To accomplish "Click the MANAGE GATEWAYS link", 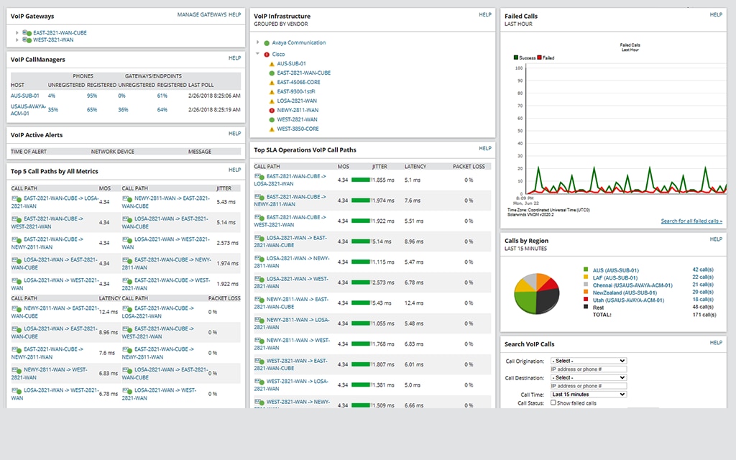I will point(201,14).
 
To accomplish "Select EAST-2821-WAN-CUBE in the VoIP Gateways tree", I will point(60,32).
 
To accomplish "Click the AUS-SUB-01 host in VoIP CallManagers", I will point(25,95).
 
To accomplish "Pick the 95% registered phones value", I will point(92,95).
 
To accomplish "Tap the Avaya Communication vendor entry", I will point(298,43).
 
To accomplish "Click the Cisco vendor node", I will point(278,55).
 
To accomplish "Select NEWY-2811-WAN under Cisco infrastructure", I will point(297,110).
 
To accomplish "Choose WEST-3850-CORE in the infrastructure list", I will point(298,129).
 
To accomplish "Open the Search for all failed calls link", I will point(691,221).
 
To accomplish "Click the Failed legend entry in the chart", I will point(548,57).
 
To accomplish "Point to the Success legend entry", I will point(528,57).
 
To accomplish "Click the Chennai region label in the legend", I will point(628,285).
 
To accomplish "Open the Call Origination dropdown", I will point(588,361).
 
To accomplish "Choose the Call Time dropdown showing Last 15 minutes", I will point(588,394).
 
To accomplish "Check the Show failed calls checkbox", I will point(553,402).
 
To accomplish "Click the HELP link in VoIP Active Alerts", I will point(234,134).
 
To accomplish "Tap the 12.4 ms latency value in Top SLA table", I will point(413,303).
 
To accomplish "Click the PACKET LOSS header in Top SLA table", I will point(468,166).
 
